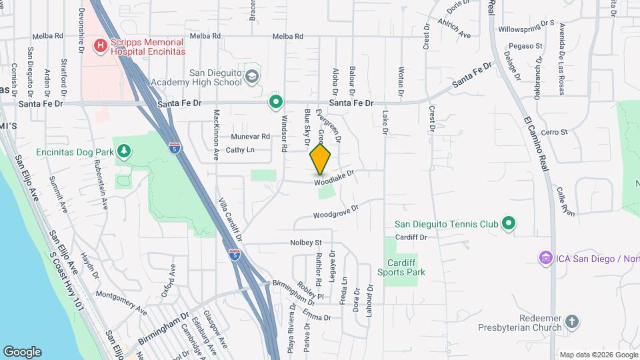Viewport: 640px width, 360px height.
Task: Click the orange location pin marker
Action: click(320, 159)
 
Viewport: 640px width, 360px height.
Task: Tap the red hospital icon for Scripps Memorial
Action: click(100, 45)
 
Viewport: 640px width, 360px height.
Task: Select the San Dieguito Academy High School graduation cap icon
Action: click(252, 77)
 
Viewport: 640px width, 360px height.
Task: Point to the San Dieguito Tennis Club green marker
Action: click(509, 223)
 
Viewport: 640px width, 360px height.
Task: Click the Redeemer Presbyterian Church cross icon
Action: click(571, 323)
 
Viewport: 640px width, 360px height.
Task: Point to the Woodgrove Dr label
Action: click(336, 213)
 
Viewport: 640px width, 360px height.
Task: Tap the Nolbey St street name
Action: click(305, 243)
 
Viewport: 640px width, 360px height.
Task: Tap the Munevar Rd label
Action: click(250, 136)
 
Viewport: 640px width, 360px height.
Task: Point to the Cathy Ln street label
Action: click(240, 150)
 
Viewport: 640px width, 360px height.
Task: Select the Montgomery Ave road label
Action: click(121, 302)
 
